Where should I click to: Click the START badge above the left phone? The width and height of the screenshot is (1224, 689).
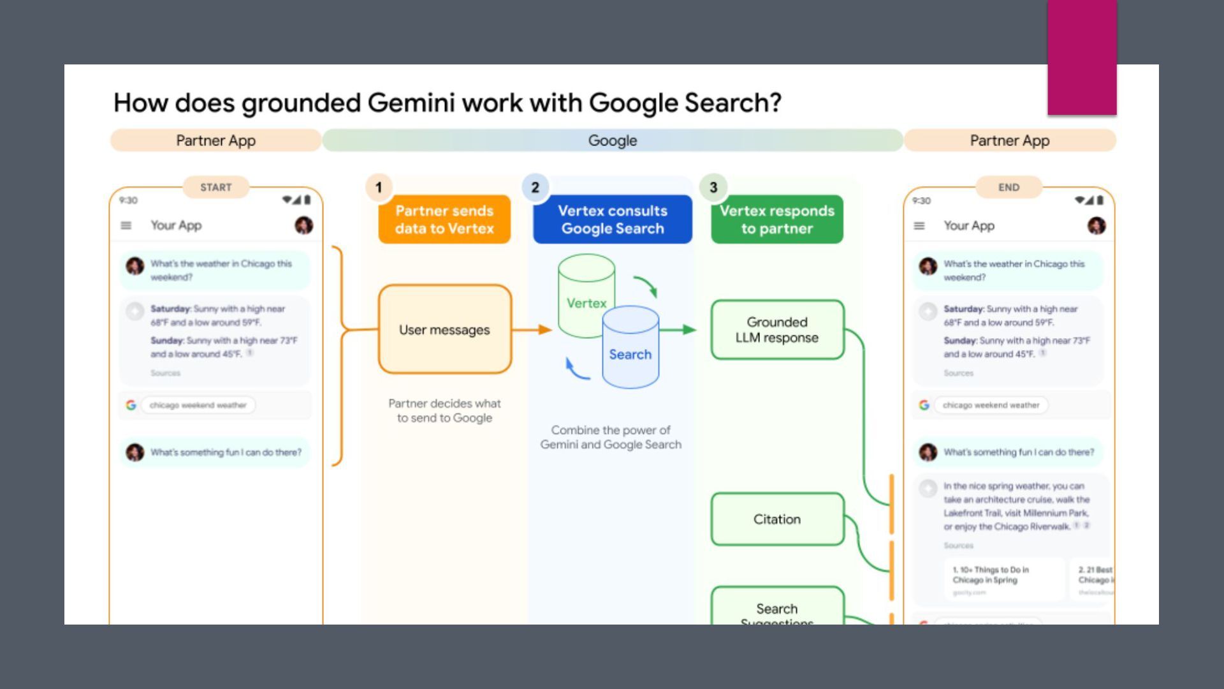tap(215, 187)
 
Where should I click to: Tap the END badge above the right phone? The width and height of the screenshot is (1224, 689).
tap(1009, 187)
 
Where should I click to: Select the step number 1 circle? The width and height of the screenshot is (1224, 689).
tap(379, 188)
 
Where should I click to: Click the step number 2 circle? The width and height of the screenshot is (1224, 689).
tap(535, 188)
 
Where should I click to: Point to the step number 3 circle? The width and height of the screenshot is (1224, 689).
tap(713, 188)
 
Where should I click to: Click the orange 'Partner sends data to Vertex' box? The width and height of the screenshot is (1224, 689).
tap(444, 219)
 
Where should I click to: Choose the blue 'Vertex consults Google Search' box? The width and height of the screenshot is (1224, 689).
tap(612, 219)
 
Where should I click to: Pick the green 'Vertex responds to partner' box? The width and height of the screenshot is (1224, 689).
tap(776, 219)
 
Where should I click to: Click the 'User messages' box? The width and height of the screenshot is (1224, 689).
tap(444, 330)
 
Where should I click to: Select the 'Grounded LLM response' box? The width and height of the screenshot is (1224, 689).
tap(776, 330)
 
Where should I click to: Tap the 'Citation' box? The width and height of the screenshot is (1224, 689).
tap(776, 519)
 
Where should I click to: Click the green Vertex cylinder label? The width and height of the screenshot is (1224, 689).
tap(586, 303)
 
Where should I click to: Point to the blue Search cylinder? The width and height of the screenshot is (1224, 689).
tap(630, 354)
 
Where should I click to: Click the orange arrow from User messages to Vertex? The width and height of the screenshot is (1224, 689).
tap(532, 330)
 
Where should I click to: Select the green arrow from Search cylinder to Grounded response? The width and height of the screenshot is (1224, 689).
tap(678, 330)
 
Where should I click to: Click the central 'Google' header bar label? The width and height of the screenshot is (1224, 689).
tap(612, 140)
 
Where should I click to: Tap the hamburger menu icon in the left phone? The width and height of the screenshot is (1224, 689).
tap(126, 225)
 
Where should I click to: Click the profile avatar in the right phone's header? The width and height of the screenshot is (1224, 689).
tap(1096, 225)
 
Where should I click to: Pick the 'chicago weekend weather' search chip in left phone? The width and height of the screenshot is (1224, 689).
tap(198, 405)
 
